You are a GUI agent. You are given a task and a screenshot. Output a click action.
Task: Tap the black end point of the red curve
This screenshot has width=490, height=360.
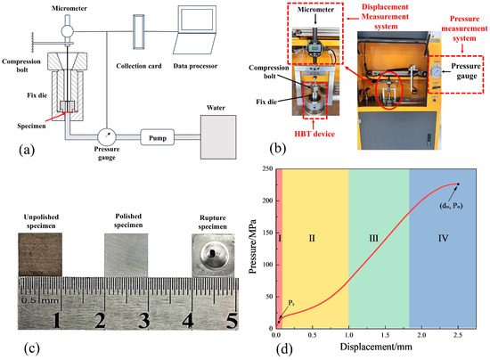(x=457, y=184)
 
